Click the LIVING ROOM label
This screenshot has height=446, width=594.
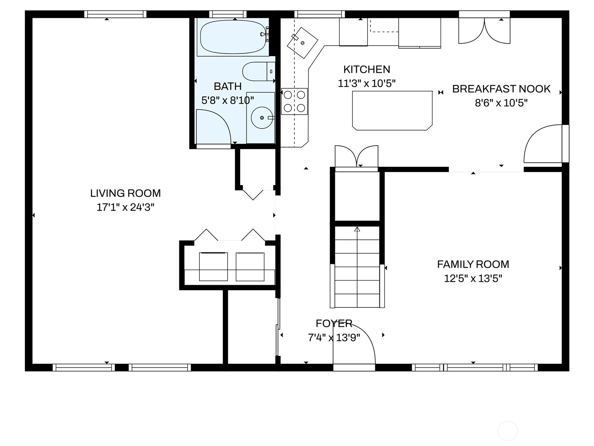(x=125, y=193)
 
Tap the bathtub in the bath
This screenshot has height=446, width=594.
(x=233, y=37)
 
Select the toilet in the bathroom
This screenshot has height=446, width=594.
(x=259, y=71)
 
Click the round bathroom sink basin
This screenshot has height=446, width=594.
(x=262, y=118)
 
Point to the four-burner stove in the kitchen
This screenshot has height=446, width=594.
(x=294, y=101)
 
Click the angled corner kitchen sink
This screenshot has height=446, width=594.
(x=302, y=43)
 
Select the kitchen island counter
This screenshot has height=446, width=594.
(x=392, y=110)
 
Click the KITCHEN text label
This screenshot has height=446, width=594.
(x=367, y=70)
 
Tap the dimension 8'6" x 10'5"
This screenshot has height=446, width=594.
(x=501, y=103)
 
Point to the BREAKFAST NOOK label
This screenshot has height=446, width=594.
(x=501, y=89)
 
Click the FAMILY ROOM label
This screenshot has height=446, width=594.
(x=473, y=264)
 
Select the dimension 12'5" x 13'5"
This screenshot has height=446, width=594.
(x=473, y=278)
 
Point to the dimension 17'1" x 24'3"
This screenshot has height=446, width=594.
(x=125, y=207)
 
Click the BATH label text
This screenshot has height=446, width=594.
(x=228, y=86)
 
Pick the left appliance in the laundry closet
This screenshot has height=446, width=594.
(x=213, y=267)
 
